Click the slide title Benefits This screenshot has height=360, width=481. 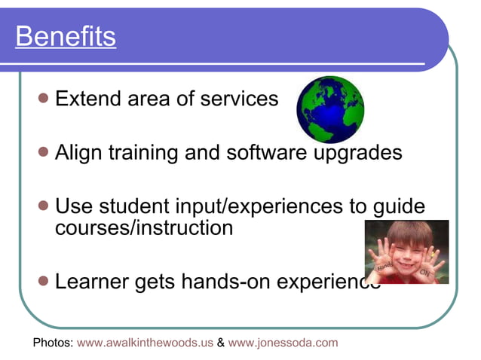tap(66, 36)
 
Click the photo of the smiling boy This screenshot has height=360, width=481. tap(406, 252)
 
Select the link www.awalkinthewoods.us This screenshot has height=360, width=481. tap(146, 343)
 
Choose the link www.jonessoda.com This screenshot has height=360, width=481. tap(283, 343)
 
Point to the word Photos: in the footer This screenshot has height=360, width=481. tap(53, 343)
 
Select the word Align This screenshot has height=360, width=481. tap(78, 153)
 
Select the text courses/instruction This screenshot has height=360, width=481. tap(144, 227)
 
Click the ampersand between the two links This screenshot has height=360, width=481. tap(220, 343)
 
